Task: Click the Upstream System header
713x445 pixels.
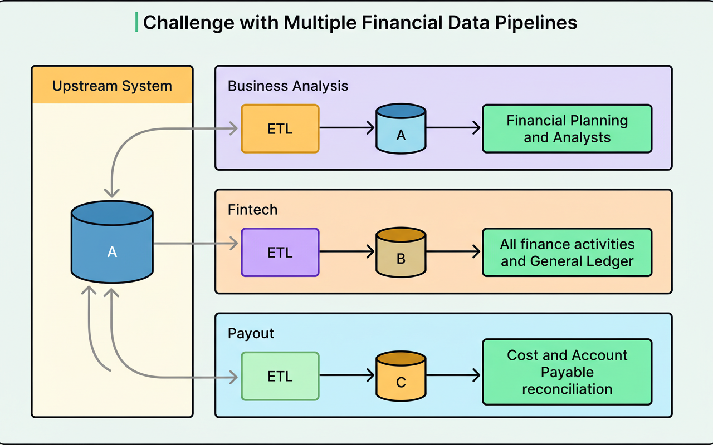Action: [112, 86]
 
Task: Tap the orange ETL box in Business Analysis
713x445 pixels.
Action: [280, 128]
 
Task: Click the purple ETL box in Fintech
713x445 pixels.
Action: [280, 252]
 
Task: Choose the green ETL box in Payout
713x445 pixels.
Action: [280, 376]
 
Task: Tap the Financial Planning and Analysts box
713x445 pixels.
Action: [567, 128]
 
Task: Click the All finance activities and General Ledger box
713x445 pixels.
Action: [567, 252]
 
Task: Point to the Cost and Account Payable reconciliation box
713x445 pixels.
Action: [567, 372]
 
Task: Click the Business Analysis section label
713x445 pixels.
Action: [288, 86]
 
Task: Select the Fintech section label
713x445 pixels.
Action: [252, 210]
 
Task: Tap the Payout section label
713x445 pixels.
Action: [251, 333]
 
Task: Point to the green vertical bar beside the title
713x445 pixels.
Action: [137, 22]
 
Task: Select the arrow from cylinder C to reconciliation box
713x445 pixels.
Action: [453, 376]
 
